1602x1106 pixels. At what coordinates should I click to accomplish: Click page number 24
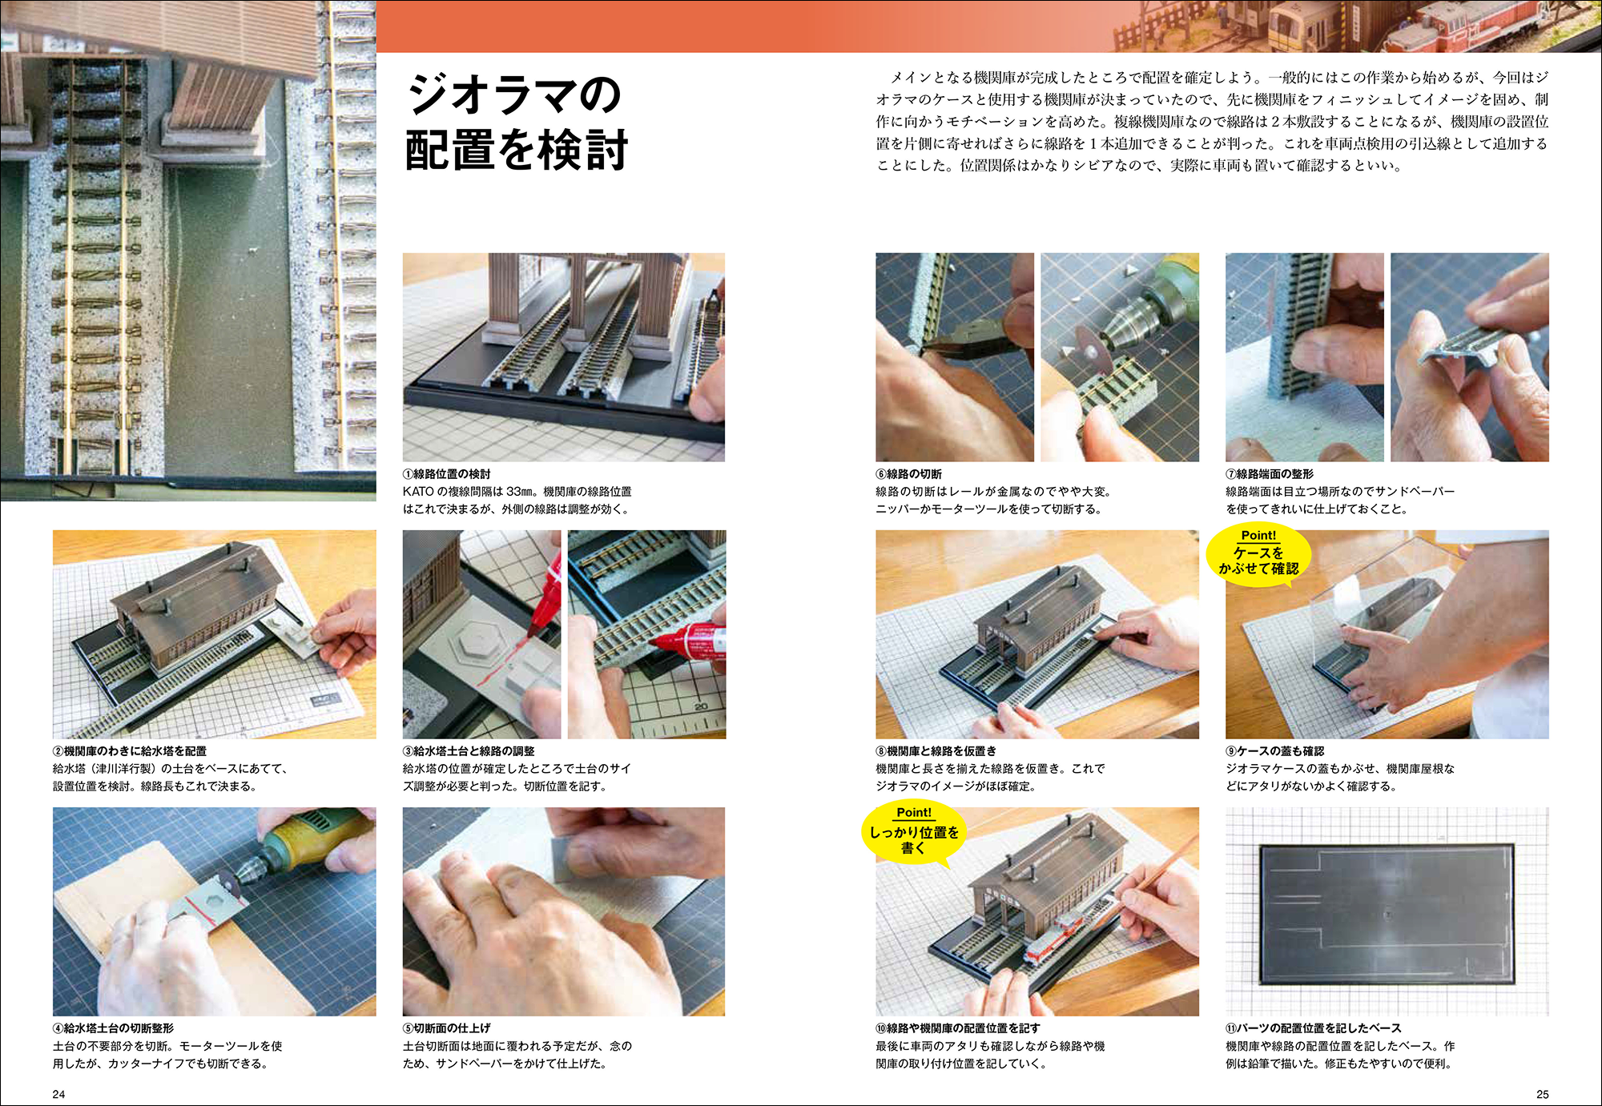(58, 1094)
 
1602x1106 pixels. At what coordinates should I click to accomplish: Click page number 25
(1542, 1094)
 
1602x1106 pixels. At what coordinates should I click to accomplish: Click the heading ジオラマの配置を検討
(517, 122)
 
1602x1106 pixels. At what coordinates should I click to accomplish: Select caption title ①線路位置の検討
(446, 474)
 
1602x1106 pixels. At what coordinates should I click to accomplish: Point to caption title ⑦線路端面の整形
(1270, 474)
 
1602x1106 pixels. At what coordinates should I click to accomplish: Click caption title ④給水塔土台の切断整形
(113, 1028)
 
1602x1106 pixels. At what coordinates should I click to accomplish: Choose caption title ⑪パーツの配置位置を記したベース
(1314, 1028)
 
